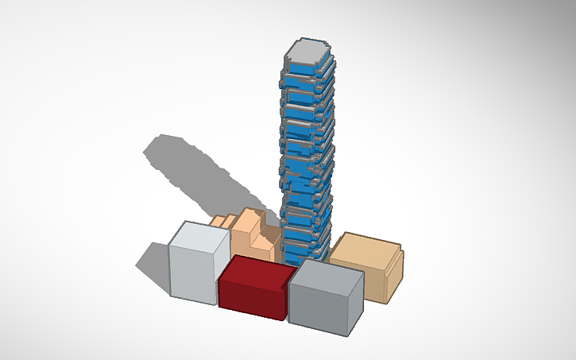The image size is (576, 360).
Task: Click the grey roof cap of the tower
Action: point(306,53)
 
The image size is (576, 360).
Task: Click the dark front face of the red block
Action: point(250,299)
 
